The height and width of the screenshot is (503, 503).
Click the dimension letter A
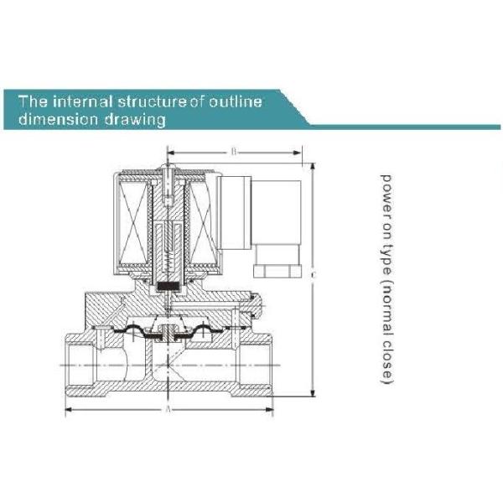click(x=169, y=410)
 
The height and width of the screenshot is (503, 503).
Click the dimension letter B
click(x=234, y=152)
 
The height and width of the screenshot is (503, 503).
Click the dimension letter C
click(x=313, y=274)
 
